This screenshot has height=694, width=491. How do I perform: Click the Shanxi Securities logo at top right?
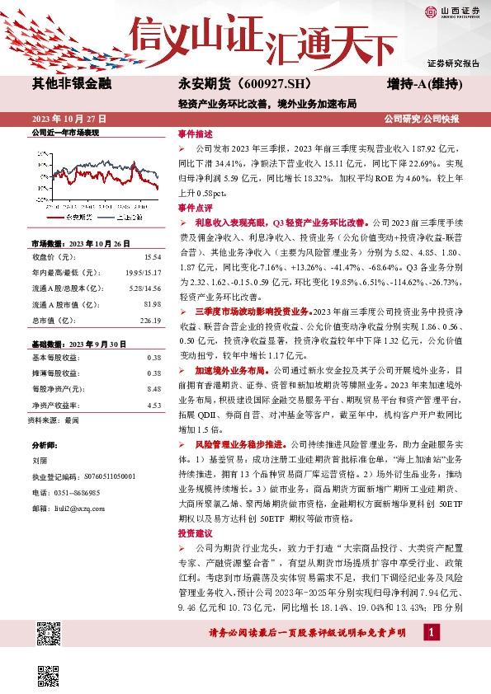[x=452, y=12]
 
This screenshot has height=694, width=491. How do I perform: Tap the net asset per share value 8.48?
[x=153, y=388]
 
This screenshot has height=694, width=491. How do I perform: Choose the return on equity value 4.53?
[x=153, y=405]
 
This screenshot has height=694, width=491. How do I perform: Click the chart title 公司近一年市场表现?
[x=64, y=133]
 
